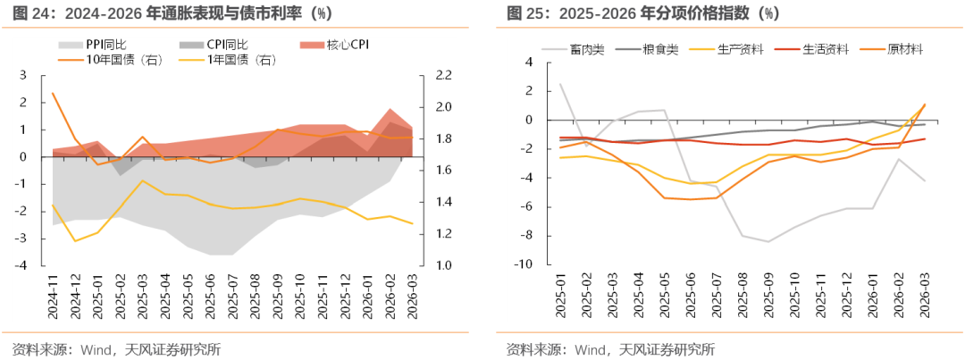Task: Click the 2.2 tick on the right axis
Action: [x=444, y=76]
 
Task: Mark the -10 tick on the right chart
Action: [x=525, y=264]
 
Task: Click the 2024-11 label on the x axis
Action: [x=53, y=297]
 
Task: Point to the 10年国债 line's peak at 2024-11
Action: [x=53, y=94]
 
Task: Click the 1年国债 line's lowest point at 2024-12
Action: [x=75, y=240]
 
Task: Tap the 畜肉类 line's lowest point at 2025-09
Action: [x=768, y=241]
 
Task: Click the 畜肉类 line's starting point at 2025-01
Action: [x=560, y=84]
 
